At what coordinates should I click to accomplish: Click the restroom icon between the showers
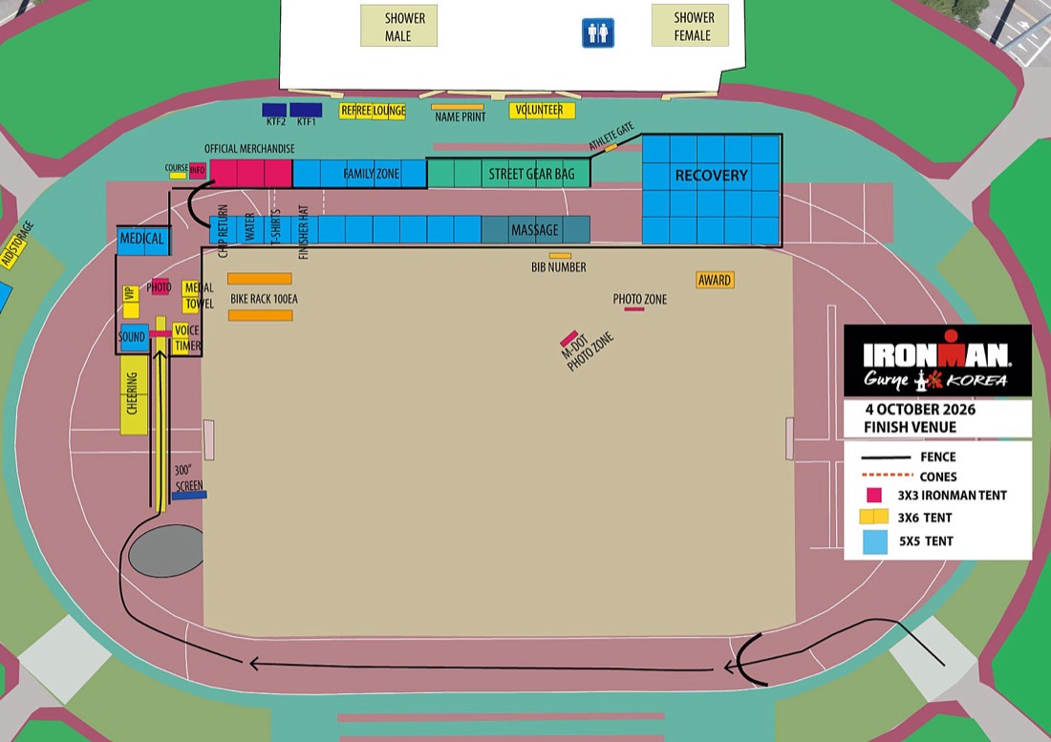(597, 32)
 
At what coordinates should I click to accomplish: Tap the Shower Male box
(398, 26)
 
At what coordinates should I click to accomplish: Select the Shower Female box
(690, 26)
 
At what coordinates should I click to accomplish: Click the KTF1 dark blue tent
(306, 110)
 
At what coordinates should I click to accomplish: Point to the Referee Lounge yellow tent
(373, 111)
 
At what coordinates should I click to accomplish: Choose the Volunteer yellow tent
(543, 111)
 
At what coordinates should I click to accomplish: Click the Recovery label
(711, 176)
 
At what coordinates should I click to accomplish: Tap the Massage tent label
(535, 230)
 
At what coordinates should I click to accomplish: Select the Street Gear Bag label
(531, 174)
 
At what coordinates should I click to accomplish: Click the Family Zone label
(372, 174)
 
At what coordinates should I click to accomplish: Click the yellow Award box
(715, 280)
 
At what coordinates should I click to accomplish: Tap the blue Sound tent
(133, 337)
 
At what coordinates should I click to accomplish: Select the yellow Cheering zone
(134, 393)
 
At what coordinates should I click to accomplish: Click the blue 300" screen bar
(189, 496)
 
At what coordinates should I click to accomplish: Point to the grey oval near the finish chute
(166, 550)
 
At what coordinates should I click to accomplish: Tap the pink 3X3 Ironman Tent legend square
(874, 495)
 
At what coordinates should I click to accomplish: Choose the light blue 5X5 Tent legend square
(874, 541)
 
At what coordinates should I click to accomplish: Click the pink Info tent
(198, 171)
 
